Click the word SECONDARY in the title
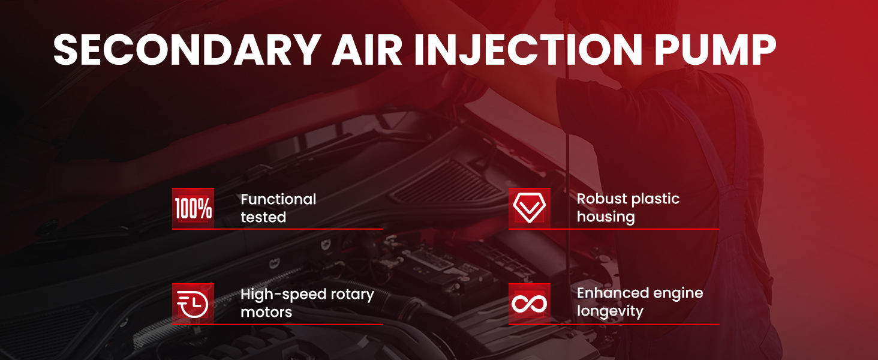pyautogui.click(x=187, y=49)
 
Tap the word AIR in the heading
pyautogui.click(x=367, y=49)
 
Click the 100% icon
pyautogui.click(x=193, y=208)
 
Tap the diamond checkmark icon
pyautogui.click(x=530, y=208)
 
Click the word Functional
pyautogui.click(x=278, y=199)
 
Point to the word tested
pyautogui.click(x=263, y=217)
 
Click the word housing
pyautogui.click(x=606, y=217)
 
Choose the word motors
pyautogui.click(x=266, y=313)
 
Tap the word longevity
pyautogui.click(x=611, y=311)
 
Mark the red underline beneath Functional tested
pyautogui.click(x=278, y=229)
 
